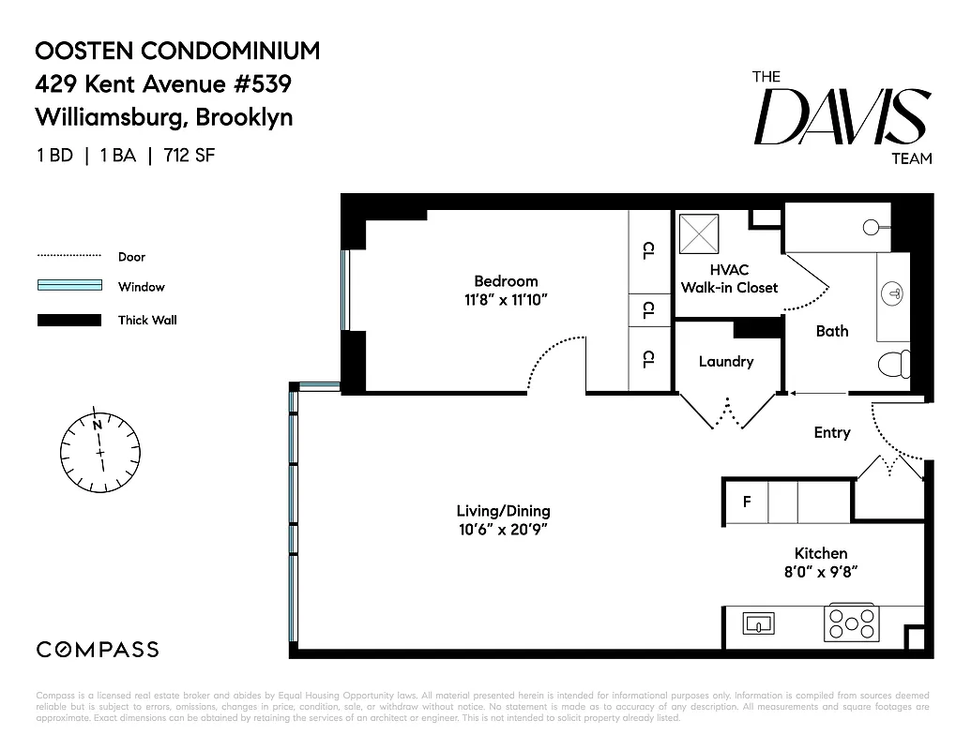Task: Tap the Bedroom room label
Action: click(506, 280)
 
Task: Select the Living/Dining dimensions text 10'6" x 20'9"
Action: click(503, 530)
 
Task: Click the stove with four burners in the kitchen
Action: click(850, 622)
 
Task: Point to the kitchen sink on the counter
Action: click(756, 622)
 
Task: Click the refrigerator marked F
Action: click(747, 502)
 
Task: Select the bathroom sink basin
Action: click(894, 293)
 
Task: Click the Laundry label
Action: click(725, 361)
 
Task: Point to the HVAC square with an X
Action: click(697, 232)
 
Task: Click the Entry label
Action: click(831, 432)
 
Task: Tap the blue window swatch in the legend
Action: click(68, 287)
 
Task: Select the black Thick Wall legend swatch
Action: click(68, 320)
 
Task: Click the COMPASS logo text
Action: click(98, 650)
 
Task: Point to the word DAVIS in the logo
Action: click(842, 119)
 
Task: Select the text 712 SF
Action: click(190, 156)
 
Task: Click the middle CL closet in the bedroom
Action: click(648, 309)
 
